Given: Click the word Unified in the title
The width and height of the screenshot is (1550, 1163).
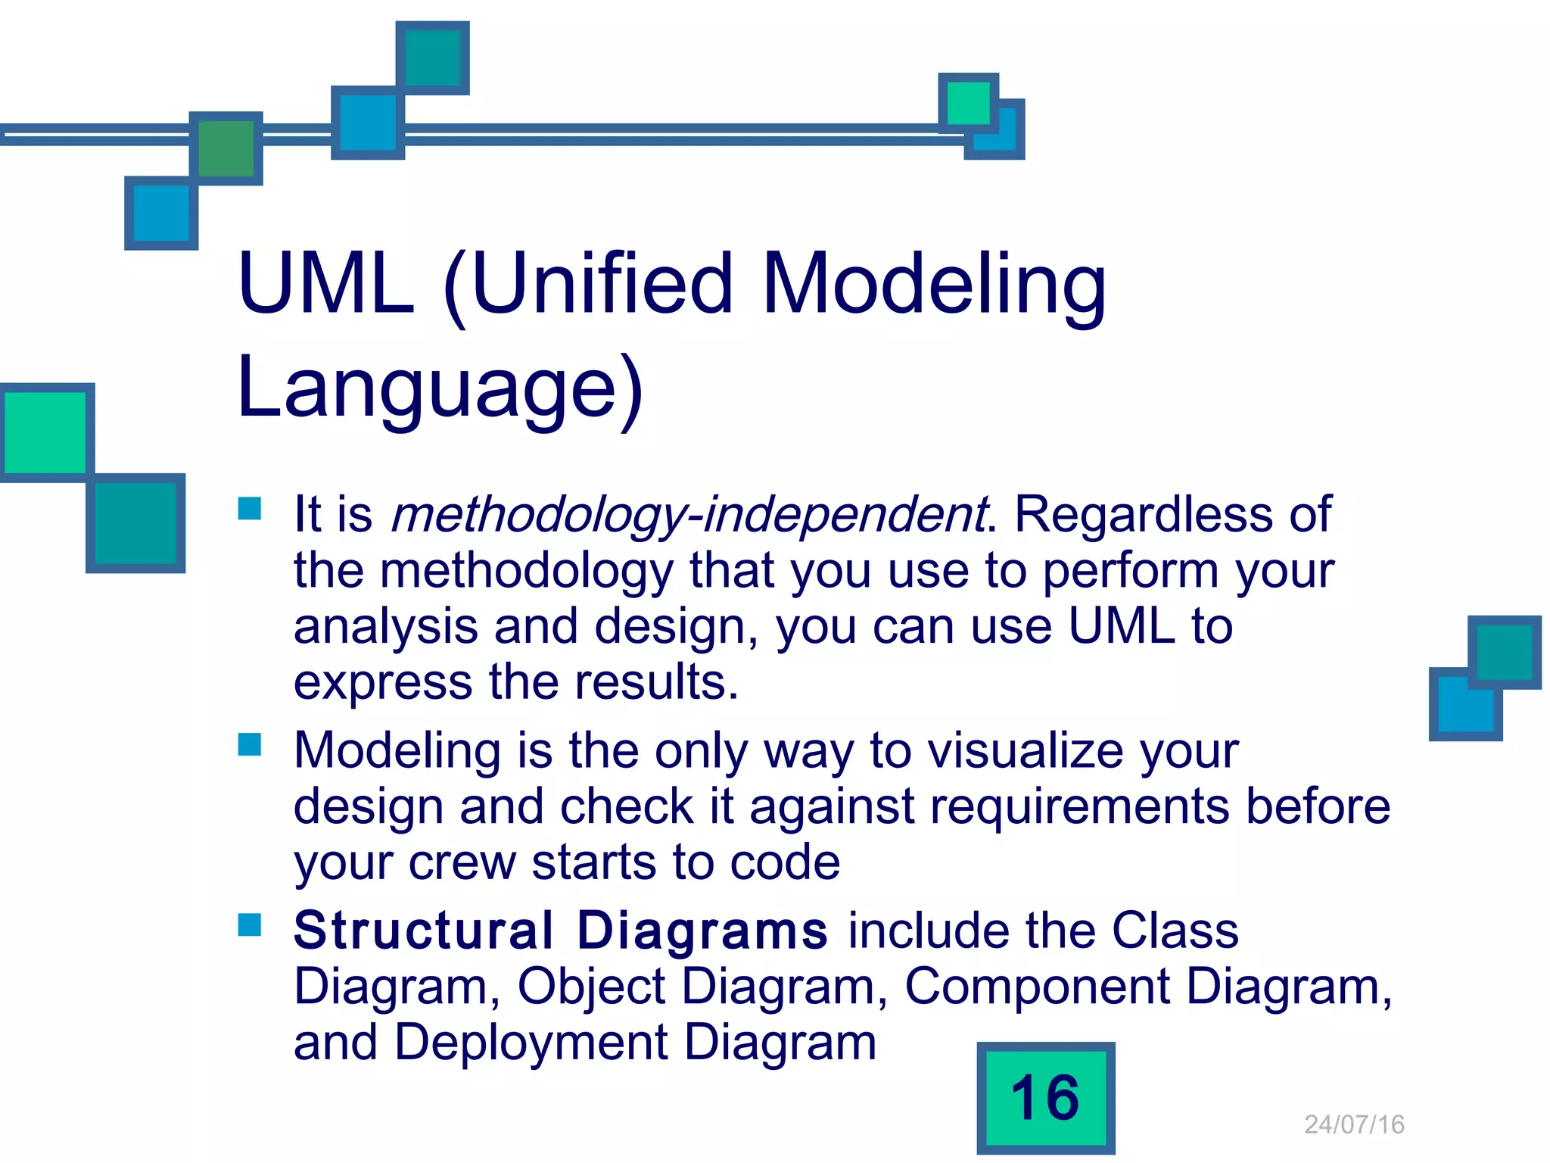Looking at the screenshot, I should pos(602,284).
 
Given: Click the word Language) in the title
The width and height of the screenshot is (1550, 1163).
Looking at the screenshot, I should pos(439,388).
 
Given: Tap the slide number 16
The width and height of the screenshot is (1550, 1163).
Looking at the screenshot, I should pos(1045,1098).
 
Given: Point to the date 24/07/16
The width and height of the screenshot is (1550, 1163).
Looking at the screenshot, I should pos(1354,1124).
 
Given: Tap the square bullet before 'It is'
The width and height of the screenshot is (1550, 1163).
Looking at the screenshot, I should pos(250,508).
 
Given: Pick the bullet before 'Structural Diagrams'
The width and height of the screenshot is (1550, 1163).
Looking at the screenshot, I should pos(250,924).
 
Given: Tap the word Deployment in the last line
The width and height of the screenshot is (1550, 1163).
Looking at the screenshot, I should pos(531,1043).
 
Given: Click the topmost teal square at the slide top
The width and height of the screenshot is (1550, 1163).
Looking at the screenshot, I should pos(433,58).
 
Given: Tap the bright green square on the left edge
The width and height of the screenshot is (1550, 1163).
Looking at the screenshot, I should pos(45,432).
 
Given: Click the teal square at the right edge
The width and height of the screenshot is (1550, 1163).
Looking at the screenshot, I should pos(1504,652).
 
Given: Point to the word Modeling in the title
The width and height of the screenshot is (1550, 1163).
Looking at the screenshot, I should pos(934,284).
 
